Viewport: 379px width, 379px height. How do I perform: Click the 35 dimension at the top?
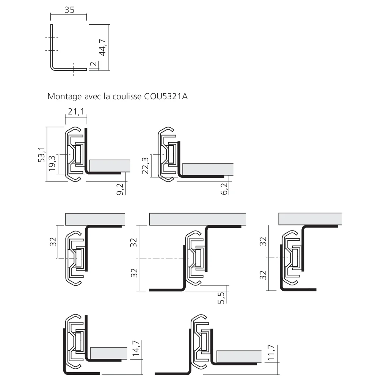pyautogui.click(x=69, y=10)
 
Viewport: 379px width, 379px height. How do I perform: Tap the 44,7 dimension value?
pyautogui.click(x=102, y=47)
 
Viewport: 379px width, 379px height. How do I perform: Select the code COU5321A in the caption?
pyautogui.click(x=166, y=96)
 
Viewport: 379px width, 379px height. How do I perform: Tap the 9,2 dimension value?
pyautogui.click(x=121, y=188)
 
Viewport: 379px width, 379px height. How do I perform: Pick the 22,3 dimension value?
pyautogui.click(x=145, y=166)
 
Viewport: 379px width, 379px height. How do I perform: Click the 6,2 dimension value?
pyautogui.click(x=224, y=188)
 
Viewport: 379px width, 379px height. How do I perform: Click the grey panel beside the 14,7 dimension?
pyautogui.click(x=109, y=352)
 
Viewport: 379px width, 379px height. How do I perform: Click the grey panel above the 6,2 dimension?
pyautogui.click(x=208, y=169)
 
